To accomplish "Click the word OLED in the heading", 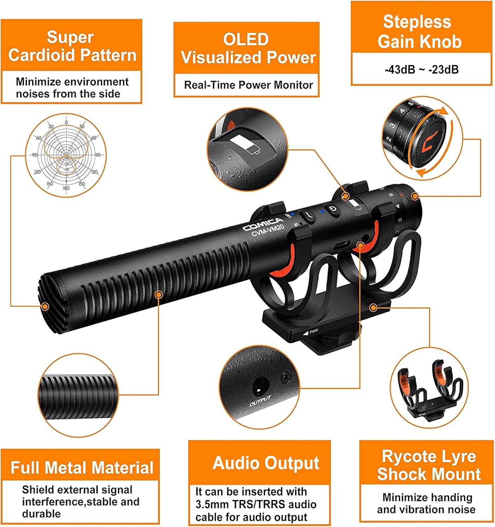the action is (x=246, y=40).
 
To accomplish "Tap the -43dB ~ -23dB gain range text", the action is (x=422, y=70).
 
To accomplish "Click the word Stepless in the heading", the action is (x=417, y=21).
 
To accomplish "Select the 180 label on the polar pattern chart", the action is (x=66, y=188).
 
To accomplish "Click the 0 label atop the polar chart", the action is (x=66, y=122).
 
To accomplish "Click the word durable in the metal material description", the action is (x=41, y=514).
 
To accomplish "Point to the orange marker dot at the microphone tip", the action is (x=45, y=307).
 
